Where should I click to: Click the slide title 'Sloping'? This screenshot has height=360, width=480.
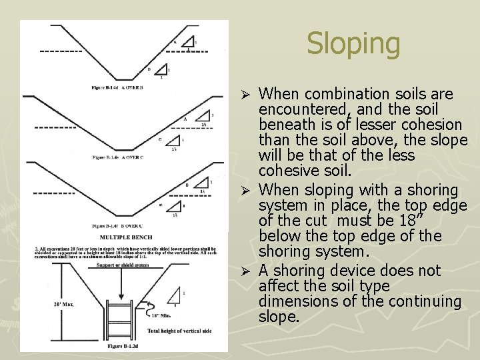(x=353, y=44)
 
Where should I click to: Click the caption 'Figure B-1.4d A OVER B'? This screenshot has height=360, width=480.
(x=118, y=87)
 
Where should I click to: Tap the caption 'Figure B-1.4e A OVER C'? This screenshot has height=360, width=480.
(x=118, y=157)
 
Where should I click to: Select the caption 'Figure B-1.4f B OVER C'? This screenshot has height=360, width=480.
(x=118, y=227)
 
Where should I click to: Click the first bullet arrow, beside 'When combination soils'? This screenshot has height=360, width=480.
(x=245, y=94)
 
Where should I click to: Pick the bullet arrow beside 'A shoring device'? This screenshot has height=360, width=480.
(x=245, y=271)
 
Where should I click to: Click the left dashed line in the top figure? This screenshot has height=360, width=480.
(x=61, y=51)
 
